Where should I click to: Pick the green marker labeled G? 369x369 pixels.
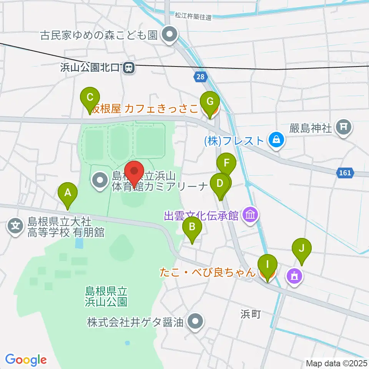click(210, 103)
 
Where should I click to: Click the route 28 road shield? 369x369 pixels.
click(200, 77)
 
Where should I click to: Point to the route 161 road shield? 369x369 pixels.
click(345, 173)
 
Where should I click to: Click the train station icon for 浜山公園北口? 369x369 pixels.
click(129, 68)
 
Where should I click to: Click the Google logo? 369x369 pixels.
click(26, 360)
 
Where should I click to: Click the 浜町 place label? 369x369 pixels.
click(251, 314)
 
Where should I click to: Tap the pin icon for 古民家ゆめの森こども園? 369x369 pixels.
click(169, 35)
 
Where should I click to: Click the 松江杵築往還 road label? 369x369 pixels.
click(193, 17)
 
